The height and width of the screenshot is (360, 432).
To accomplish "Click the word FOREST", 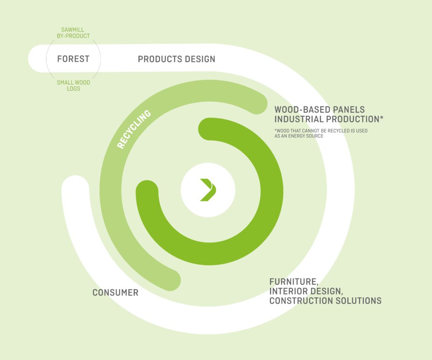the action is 73,59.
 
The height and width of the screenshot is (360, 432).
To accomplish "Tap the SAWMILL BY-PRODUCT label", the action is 73,33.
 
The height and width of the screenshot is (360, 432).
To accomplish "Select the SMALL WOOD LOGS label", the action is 73,86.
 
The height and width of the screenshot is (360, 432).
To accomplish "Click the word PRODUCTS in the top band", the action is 159,59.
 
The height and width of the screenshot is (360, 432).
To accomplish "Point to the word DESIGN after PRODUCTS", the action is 200,59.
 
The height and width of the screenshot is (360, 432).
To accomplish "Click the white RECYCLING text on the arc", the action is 134,129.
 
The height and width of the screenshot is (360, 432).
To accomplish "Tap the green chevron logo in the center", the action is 208,190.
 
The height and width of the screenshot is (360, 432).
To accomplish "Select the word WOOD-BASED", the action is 302,110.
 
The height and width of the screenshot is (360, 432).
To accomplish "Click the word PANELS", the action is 349,110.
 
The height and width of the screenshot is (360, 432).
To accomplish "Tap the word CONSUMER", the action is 116,293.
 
